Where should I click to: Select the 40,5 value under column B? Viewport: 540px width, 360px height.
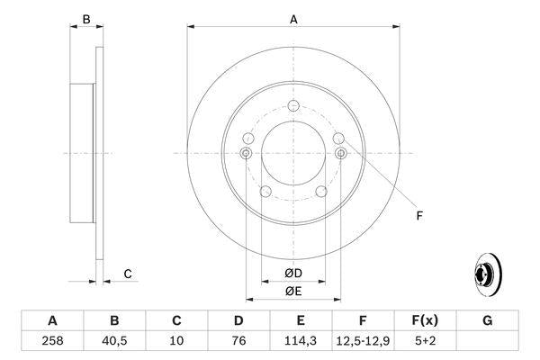point(114,342)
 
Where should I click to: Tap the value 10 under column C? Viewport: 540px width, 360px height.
point(176,342)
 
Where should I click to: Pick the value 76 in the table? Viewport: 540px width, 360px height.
point(238,342)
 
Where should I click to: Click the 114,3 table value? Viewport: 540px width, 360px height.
point(301,342)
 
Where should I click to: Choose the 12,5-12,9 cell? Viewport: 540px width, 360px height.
point(363,342)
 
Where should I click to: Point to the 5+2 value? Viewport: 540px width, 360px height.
point(425,342)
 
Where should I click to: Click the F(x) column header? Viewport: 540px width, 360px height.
point(425,320)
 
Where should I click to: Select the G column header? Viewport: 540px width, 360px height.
point(487,320)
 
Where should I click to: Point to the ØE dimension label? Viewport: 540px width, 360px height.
point(293,291)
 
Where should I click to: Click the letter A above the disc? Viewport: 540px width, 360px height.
point(293,18)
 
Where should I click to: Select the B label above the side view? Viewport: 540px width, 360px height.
point(86,19)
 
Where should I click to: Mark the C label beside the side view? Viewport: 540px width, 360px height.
point(128,274)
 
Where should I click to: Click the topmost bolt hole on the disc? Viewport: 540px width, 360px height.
point(293,107)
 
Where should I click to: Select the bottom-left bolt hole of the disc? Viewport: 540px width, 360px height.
point(265,191)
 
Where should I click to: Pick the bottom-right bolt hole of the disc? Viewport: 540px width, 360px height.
point(321,191)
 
